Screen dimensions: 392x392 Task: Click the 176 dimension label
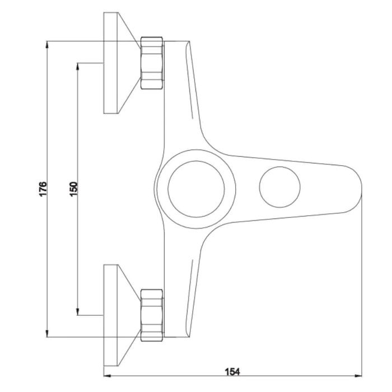point(43,189)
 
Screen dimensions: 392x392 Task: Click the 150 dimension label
point(74,189)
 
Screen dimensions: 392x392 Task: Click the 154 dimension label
point(232,372)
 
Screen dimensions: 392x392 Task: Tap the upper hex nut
point(152,63)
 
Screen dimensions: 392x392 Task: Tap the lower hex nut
point(152,315)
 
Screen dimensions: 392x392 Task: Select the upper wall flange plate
point(110,63)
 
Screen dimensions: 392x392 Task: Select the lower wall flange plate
point(110,315)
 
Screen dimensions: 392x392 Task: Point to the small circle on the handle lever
point(280,167)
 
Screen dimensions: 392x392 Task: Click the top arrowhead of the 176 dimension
point(47,44)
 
